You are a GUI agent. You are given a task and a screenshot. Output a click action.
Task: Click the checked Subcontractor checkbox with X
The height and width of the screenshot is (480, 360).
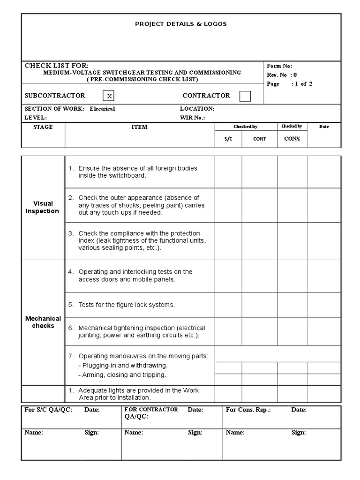point(109,96)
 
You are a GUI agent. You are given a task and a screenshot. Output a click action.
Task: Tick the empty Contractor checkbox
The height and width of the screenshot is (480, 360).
point(245,96)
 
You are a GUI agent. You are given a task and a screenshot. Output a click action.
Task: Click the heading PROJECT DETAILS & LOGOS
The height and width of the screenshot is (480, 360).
point(180,24)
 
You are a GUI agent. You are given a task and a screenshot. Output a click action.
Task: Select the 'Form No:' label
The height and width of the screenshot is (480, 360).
point(279,66)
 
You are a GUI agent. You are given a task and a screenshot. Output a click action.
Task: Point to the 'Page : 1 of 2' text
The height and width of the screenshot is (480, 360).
point(289,84)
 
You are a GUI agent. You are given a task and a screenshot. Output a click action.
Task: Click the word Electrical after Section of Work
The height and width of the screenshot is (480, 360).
point(102,109)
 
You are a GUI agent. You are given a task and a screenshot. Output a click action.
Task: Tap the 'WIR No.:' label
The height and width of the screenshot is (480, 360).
point(192,118)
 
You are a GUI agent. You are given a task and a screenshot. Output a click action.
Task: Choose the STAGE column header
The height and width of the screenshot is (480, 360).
point(43,127)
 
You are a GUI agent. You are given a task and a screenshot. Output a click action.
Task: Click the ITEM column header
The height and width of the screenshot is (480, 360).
point(139,127)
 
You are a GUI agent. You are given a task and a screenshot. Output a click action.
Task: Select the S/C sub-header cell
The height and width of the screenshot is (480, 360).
point(228,139)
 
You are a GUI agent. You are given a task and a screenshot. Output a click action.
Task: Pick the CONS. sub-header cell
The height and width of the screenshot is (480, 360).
point(292,139)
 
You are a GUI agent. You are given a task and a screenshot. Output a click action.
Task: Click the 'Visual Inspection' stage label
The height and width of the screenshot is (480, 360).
point(43,207)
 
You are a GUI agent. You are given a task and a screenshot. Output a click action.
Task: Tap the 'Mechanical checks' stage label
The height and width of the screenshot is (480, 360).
point(43,322)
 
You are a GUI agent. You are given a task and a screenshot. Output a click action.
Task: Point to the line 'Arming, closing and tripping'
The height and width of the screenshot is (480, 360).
point(122,375)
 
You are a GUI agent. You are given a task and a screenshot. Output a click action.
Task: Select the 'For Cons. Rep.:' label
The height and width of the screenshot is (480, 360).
point(248,410)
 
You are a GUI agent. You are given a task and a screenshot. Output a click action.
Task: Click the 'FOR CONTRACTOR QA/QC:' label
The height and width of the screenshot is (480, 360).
point(150,413)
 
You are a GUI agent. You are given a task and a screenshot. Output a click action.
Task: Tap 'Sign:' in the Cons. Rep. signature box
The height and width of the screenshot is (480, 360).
point(299,433)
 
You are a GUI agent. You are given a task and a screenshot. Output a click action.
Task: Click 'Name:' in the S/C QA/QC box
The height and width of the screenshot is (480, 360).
point(34,433)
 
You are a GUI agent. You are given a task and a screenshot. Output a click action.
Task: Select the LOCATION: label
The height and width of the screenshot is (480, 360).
point(197,109)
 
